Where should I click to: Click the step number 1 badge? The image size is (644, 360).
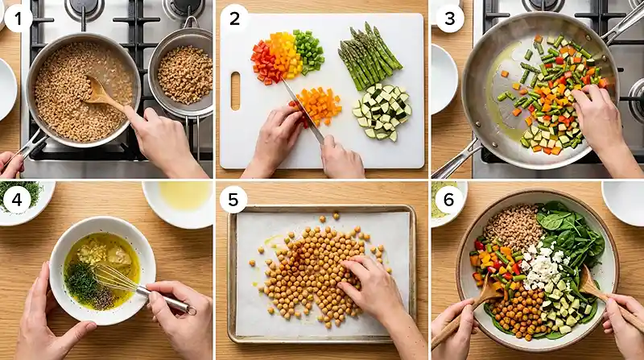click(18, 18)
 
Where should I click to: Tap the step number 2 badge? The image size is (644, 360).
click(234, 18)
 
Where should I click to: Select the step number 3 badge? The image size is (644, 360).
click(450, 18)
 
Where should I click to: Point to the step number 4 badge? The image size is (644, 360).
click(17, 200)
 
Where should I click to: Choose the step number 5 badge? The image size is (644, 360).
click(233, 200)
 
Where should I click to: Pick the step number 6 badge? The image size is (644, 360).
click(448, 200)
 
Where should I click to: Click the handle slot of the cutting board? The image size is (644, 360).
click(235, 91)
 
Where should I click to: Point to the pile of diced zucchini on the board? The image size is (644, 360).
click(382, 112)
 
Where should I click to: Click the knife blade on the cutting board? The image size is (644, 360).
click(303, 111)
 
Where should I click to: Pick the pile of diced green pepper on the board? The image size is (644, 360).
click(309, 52)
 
